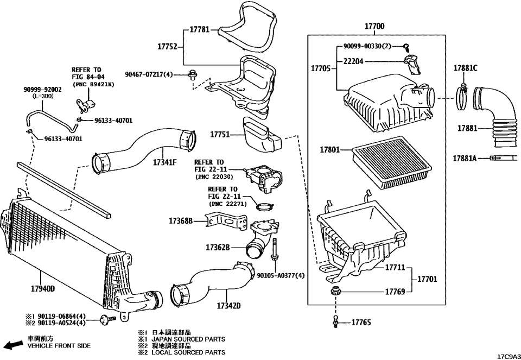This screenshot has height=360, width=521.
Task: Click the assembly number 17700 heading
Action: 374,26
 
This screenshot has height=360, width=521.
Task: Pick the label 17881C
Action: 465,68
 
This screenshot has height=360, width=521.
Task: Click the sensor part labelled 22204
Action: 414,64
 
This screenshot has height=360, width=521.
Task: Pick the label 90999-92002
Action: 42,89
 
